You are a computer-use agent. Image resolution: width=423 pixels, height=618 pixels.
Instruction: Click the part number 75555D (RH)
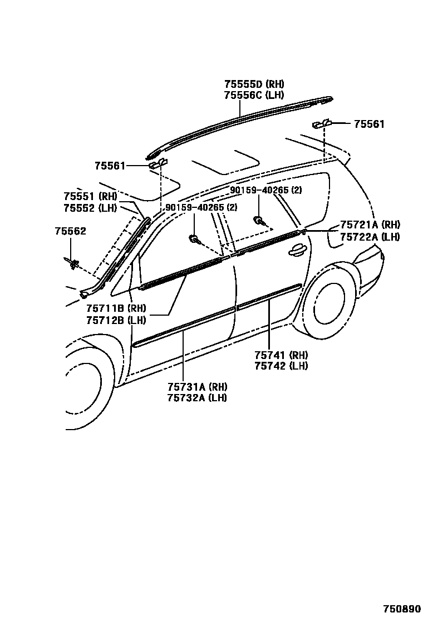[254, 84]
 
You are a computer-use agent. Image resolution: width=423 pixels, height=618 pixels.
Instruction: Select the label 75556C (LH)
[254, 95]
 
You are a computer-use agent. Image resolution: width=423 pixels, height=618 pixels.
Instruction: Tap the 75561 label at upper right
[368, 124]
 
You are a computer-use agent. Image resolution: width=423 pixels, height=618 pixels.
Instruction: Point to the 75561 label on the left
[110, 166]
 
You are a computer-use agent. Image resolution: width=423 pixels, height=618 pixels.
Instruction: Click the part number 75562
[70, 231]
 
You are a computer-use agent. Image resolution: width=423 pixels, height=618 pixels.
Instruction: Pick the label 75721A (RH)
[370, 225]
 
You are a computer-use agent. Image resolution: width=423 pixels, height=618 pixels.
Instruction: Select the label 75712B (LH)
[115, 320]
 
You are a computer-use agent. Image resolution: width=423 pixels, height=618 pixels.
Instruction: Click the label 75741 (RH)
[281, 355]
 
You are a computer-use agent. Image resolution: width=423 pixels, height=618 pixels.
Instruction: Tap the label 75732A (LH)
[197, 398]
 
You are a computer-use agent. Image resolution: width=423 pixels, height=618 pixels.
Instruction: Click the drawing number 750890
[401, 609]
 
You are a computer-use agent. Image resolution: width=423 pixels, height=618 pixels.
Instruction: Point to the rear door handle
[296, 251]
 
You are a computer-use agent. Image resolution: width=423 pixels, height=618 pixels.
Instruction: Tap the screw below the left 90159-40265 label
[194, 240]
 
